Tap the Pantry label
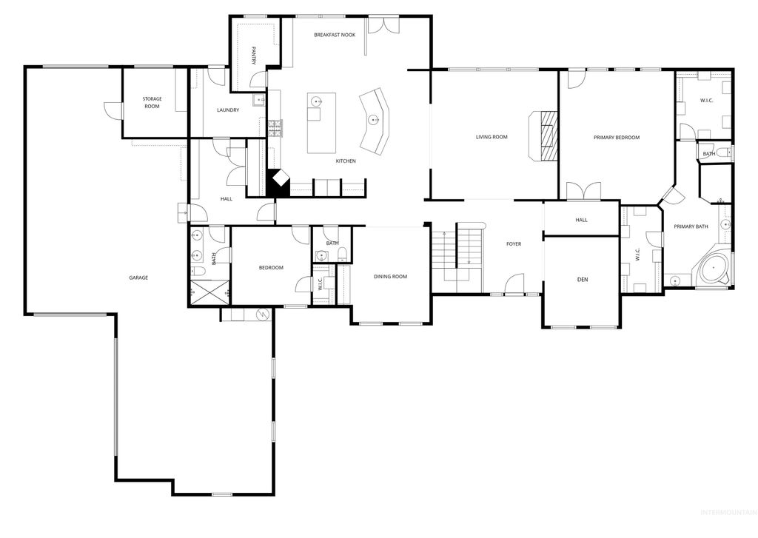254,56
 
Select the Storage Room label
152,102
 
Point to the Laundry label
228,110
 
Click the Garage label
138,278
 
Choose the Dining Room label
390,276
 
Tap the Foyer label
514,243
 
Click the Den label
582,280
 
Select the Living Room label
492,137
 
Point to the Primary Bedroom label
616,138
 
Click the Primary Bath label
690,226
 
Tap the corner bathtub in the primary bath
714,269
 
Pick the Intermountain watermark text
726,530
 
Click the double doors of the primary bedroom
583,191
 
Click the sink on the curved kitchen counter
374,118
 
